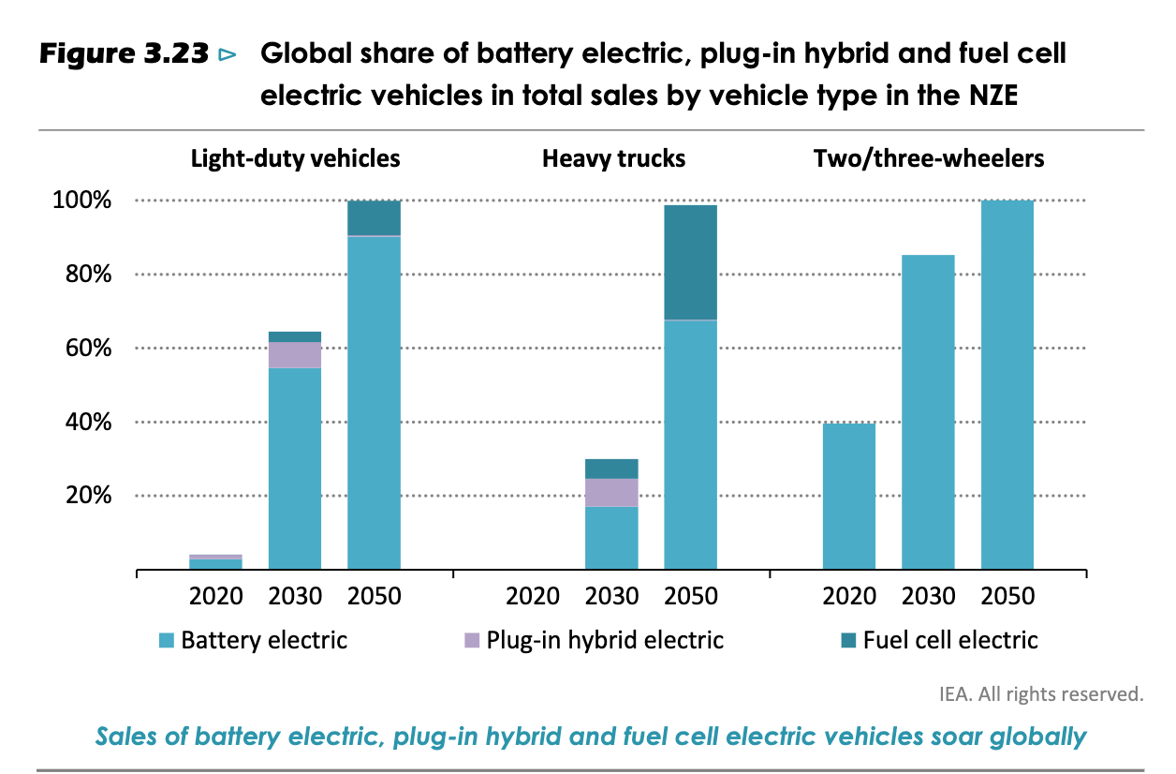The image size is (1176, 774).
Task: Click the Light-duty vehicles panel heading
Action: coord(295,158)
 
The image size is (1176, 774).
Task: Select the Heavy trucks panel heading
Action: coord(613,158)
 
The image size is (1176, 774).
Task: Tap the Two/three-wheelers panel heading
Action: coord(929,158)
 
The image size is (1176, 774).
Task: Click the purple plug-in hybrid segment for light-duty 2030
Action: coord(295,355)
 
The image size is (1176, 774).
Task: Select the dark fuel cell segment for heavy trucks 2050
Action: coord(691,262)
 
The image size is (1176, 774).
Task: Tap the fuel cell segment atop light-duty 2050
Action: coord(374,217)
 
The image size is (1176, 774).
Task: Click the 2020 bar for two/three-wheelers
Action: coord(849,496)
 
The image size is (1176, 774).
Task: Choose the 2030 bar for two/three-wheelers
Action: coord(928,412)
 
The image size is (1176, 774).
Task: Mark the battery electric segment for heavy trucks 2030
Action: coord(611,538)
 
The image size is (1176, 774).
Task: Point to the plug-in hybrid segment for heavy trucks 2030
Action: coord(611,492)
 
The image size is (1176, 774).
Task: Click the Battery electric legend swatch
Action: coord(167,641)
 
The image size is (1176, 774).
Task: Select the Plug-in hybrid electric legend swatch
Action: coord(472,641)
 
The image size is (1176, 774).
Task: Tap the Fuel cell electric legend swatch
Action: coord(848,641)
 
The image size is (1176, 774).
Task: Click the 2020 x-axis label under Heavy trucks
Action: coord(533,596)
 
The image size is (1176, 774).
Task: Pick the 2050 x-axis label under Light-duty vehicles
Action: coord(374,596)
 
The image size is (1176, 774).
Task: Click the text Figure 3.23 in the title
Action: coord(123,54)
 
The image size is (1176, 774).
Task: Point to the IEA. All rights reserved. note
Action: coord(1041,694)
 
